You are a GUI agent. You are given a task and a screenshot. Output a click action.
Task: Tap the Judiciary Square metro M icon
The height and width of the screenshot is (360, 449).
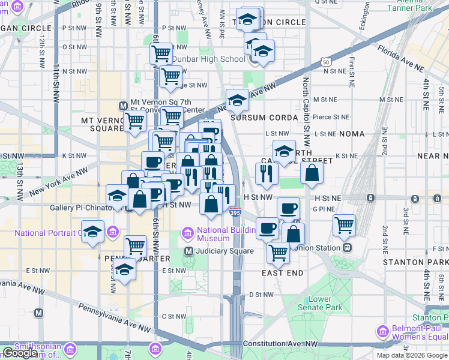click(188, 251)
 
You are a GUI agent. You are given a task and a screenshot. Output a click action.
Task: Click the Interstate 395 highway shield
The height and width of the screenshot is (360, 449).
click(235, 212)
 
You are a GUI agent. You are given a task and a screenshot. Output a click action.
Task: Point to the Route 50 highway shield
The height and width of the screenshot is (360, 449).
click(325, 62)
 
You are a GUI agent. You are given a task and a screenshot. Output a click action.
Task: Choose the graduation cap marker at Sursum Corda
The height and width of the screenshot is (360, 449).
click(237, 100)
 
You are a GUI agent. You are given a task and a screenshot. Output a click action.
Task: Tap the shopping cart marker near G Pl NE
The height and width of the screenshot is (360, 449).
click(344, 226)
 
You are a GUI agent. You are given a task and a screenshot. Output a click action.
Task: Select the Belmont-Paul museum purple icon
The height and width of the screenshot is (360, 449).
click(382, 331)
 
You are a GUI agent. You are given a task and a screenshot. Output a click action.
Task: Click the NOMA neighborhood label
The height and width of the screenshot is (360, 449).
click(352, 134)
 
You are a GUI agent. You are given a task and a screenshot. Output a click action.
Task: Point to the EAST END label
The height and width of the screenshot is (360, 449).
click(282, 273)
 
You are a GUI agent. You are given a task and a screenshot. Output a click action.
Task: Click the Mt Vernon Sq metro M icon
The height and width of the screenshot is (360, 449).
click(123, 103)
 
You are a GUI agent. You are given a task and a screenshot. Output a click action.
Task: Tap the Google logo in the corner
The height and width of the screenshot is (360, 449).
click(20, 353)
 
